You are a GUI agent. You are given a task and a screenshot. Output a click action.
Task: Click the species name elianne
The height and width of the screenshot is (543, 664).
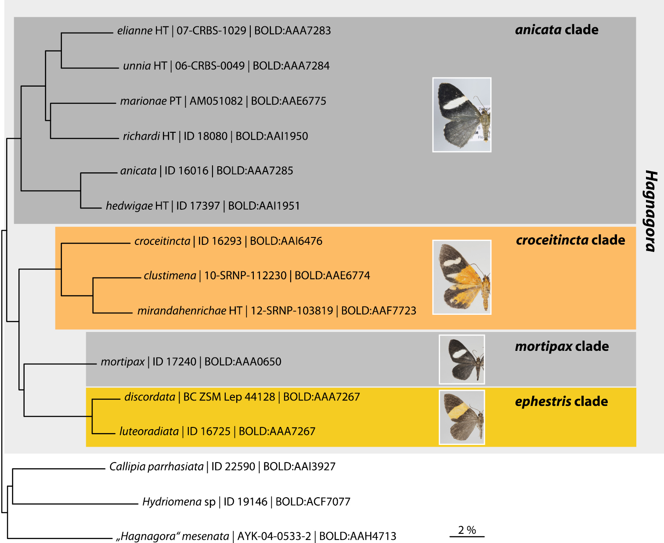pyautogui.click(x=135, y=31)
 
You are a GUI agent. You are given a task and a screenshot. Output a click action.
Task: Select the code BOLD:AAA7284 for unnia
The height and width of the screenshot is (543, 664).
pyautogui.click(x=291, y=66)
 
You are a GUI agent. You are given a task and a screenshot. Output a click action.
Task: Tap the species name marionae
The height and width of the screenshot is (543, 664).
pyautogui.click(x=143, y=101)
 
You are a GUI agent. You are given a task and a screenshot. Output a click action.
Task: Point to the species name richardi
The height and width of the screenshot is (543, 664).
pyautogui.click(x=141, y=136)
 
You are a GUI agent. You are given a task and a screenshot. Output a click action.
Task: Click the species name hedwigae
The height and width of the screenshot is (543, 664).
pyautogui.click(x=129, y=206)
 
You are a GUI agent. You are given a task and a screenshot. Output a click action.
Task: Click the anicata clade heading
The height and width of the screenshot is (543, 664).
pyautogui.click(x=556, y=30)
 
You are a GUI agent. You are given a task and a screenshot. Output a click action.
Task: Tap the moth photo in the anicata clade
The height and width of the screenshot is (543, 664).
pyautogui.click(x=462, y=115)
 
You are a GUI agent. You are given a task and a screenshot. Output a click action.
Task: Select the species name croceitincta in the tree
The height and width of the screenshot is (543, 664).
pyautogui.click(x=162, y=241)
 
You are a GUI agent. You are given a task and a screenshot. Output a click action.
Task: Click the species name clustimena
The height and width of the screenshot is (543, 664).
pyautogui.click(x=170, y=276)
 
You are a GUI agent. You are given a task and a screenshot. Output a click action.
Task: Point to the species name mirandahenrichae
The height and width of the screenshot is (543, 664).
pyautogui.click(x=181, y=311)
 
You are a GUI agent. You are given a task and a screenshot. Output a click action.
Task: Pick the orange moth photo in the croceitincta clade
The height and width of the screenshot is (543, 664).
pyautogui.click(x=462, y=277)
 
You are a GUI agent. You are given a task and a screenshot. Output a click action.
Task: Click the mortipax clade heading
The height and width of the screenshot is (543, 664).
pyautogui.click(x=562, y=346)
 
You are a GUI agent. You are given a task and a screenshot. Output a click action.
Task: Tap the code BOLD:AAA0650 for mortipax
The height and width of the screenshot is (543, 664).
pyautogui.click(x=243, y=362)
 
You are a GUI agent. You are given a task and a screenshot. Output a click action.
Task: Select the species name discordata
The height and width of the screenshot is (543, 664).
pyautogui.click(x=150, y=397)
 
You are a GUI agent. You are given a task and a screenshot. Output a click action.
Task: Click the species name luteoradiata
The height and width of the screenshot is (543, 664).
pyautogui.click(x=149, y=431)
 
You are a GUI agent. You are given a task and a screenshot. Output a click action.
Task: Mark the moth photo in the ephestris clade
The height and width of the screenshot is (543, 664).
pyautogui.click(x=462, y=417)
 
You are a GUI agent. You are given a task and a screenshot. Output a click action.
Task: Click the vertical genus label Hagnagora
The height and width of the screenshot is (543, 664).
pyautogui.click(x=651, y=211)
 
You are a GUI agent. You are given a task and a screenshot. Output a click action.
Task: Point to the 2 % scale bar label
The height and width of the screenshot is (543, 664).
pyautogui.click(x=467, y=530)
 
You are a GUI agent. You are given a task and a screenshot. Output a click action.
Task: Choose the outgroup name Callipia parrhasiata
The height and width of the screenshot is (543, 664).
pyautogui.click(x=156, y=466)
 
